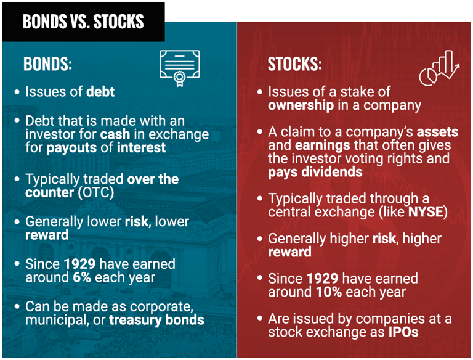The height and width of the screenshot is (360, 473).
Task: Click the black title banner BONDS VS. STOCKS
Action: [x=83, y=22]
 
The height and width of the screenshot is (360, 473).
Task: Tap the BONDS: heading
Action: [x=47, y=63]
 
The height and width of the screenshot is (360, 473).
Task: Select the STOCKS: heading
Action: [x=295, y=64]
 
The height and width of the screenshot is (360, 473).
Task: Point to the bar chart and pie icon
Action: [x=439, y=68]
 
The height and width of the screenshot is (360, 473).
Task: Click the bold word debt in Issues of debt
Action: [x=100, y=91]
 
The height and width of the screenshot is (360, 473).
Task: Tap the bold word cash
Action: [x=115, y=134]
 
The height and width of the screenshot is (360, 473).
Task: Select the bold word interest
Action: [x=141, y=148]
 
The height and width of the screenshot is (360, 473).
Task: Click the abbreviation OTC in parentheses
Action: [x=95, y=193]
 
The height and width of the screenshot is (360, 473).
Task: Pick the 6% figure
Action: [x=82, y=277]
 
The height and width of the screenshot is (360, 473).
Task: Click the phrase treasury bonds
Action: [x=156, y=320]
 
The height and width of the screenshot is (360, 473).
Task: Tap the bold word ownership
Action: [x=301, y=105]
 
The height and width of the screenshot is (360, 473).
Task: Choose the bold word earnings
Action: [x=323, y=145]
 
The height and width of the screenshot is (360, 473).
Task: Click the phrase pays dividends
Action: [x=315, y=172]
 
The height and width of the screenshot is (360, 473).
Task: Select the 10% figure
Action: [x=329, y=292]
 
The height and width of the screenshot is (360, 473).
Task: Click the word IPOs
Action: [x=403, y=332]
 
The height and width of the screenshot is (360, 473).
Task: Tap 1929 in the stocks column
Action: [x=323, y=279]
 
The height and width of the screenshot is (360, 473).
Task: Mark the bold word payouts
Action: [x=71, y=148]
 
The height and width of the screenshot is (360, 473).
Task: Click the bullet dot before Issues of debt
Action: [x=17, y=92]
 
